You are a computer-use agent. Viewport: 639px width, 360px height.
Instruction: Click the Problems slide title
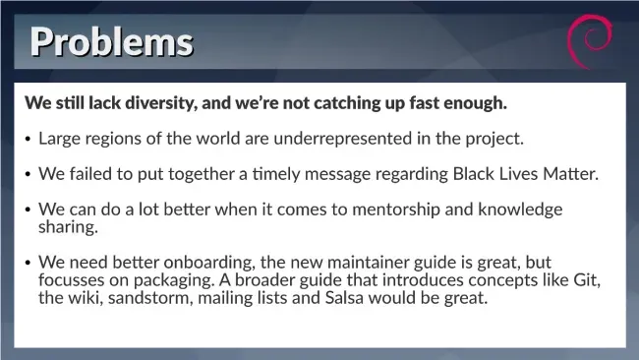point(112,42)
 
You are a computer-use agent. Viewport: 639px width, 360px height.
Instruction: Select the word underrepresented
point(343,139)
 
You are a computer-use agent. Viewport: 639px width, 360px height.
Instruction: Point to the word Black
point(474,174)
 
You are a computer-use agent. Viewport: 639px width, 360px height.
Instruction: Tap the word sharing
point(68,227)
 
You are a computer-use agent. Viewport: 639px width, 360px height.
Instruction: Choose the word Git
point(587,280)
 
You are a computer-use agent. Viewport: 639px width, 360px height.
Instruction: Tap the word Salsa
point(344,298)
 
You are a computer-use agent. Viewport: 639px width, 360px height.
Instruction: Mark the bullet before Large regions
point(28,140)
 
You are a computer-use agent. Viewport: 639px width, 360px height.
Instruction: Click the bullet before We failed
point(28,175)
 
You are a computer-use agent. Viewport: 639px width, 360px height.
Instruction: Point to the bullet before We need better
point(28,263)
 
